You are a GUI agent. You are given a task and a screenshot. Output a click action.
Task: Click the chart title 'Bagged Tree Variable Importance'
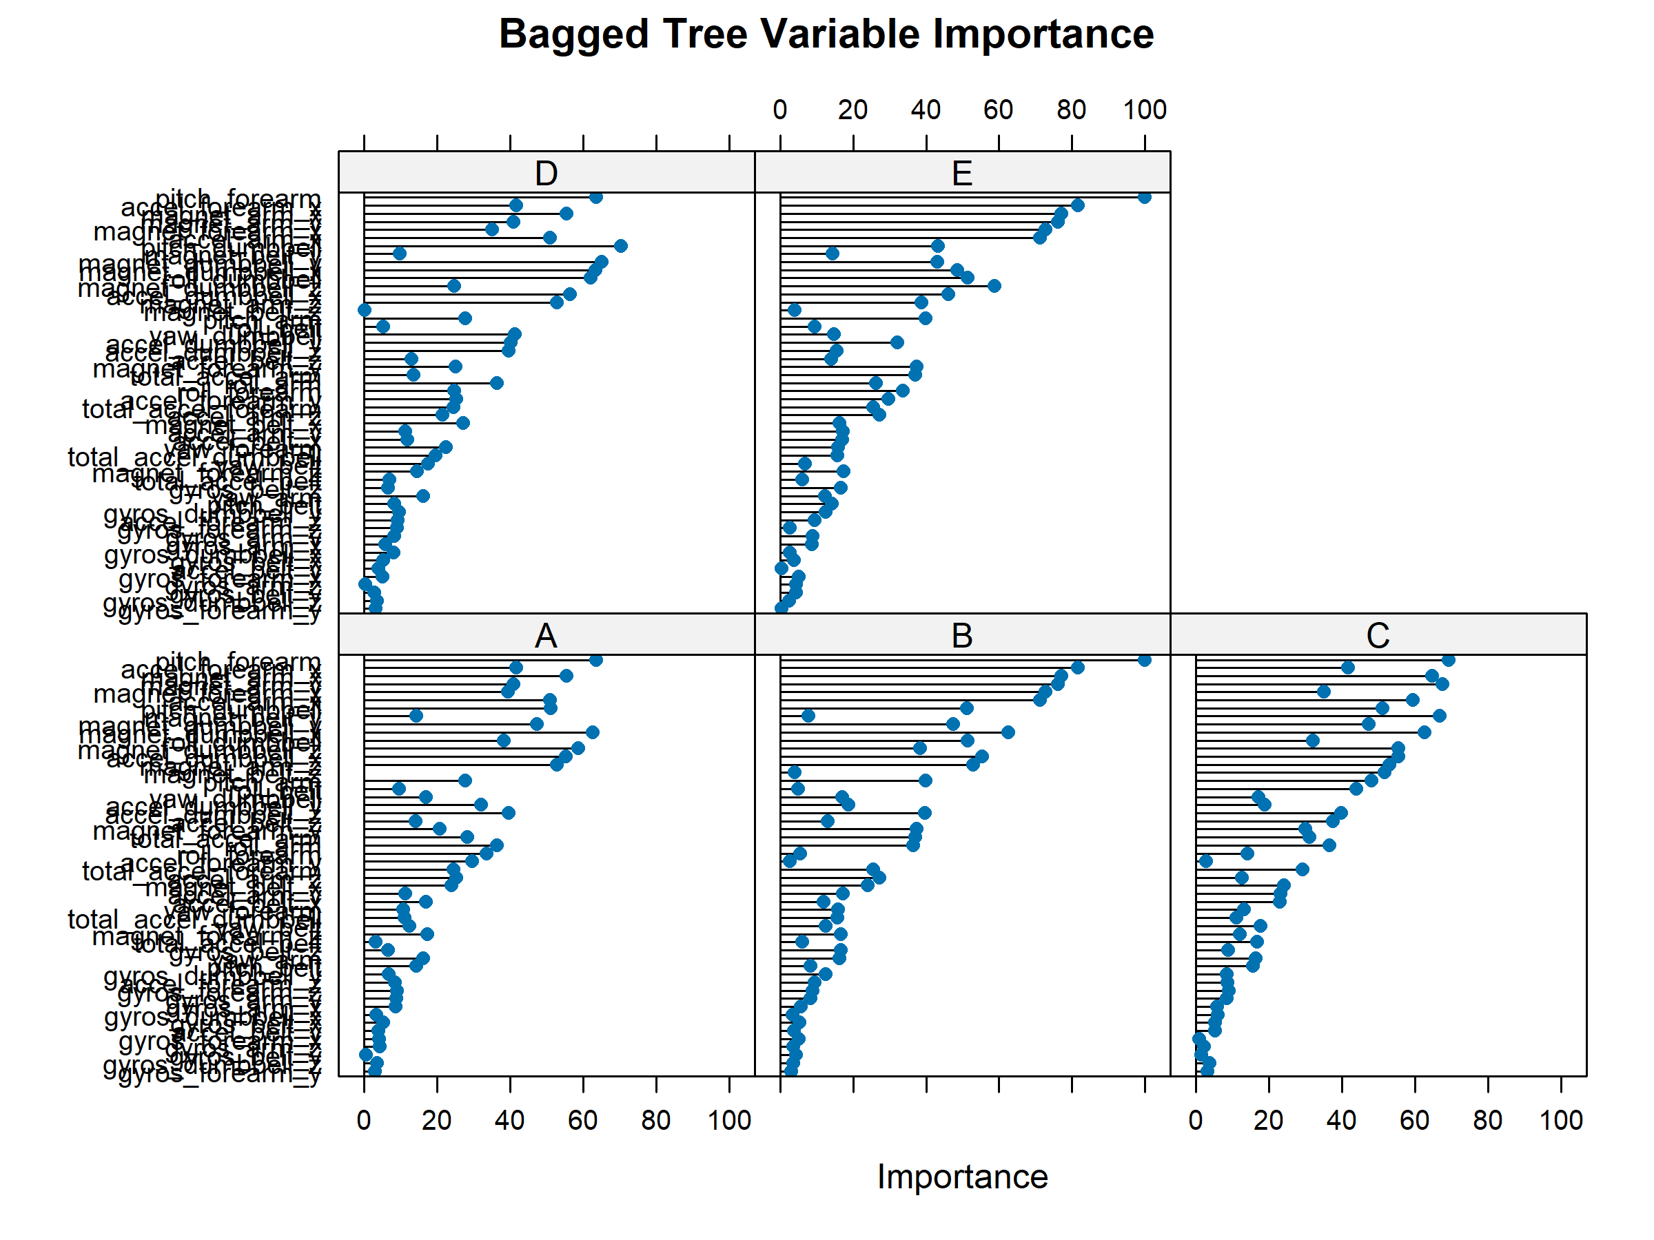coord(826,34)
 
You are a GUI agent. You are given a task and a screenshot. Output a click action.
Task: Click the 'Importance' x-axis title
coord(962,1177)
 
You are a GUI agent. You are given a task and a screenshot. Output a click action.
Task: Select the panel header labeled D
coord(546,174)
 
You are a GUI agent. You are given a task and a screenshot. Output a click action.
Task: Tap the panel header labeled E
coord(961,174)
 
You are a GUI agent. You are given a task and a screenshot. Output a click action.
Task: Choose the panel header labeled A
coord(546,636)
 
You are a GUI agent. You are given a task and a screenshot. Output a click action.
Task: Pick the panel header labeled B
coord(961,636)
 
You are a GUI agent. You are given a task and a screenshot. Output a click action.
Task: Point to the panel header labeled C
coord(1378,636)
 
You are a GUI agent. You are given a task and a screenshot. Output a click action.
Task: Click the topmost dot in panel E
coord(1144,197)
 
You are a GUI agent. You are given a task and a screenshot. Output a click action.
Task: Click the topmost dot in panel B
coord(1144,660)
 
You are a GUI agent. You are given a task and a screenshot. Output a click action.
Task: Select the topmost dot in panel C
coord(1449,660)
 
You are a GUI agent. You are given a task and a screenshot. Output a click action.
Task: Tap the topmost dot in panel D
coord(596,197)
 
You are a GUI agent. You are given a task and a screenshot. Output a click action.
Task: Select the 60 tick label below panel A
coord(582,1120)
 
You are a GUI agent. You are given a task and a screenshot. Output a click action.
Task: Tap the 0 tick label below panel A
coord(364,1120)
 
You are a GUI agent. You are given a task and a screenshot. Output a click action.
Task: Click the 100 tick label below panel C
coord(1560,1120)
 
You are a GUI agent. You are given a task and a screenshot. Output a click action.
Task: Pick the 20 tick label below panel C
coord(1268,1120)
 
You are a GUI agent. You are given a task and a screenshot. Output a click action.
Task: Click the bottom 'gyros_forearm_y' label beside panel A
coord(220,1074)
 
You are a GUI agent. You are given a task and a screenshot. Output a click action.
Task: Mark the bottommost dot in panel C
coord(1207,1071)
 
